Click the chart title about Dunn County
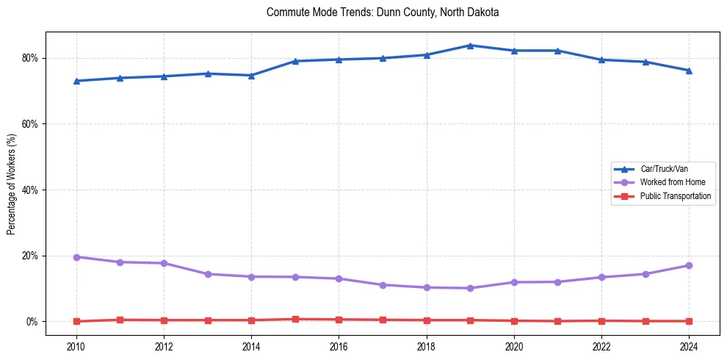pos(383,12)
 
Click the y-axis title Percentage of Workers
pos(12,184)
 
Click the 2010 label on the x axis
pos(76,345)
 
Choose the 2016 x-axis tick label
pos(339,345)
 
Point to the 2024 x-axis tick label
pos(689,345)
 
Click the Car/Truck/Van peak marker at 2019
pos(470,46)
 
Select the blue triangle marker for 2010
pos(76,81)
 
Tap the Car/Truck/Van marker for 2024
pos(689,71)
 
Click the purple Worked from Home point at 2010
pos(76,257)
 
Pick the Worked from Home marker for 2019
pos(470,288)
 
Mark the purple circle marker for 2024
pos(689,265)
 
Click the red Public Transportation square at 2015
pos(295,320)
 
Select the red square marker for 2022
pos(601,321)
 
